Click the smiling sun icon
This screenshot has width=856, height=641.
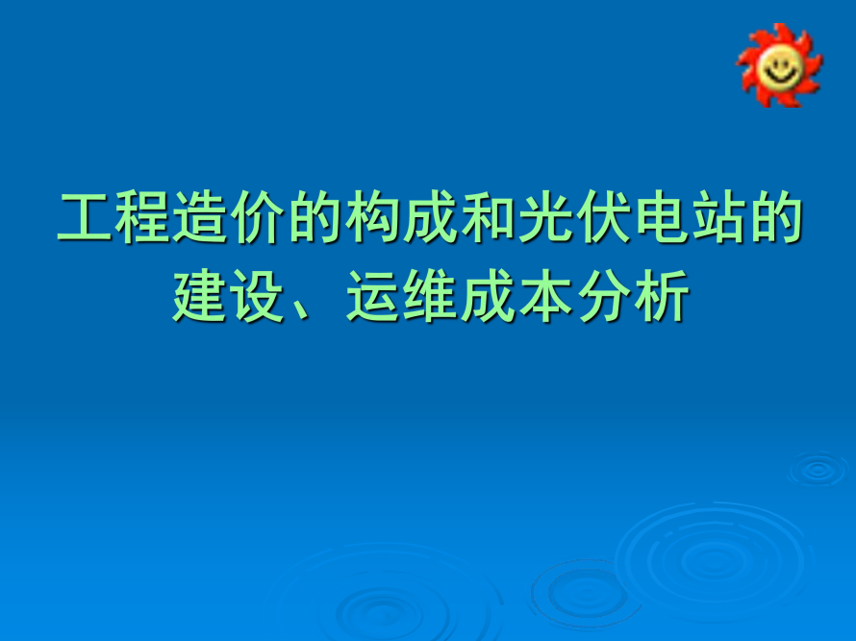click(779, 65)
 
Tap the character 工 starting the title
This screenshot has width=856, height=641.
click(86, 217)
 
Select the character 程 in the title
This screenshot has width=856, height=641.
click(143, 217)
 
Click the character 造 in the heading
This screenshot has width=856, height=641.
click(201, 217)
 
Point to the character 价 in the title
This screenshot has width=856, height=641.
click(259, 217)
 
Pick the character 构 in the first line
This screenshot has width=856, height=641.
click(374, 217)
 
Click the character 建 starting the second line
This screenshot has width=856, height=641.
click(200, 296)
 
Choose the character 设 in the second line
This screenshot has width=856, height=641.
click(258, 296)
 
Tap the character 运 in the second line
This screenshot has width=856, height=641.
click(374, 296)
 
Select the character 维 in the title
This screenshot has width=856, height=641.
click(432, 296)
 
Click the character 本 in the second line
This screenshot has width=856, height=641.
click(547, 296)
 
